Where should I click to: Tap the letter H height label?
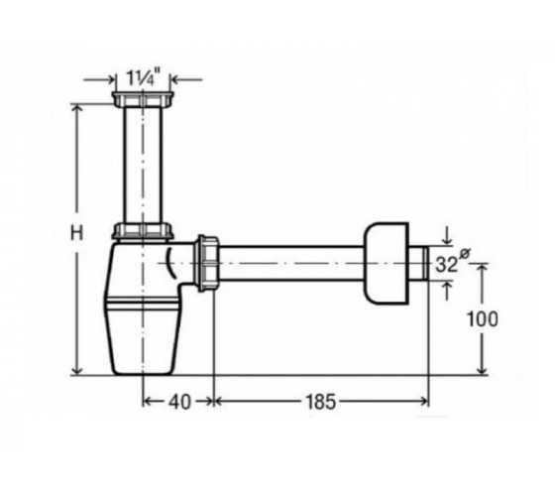click(77, 233)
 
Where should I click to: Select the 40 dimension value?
click(179, 402)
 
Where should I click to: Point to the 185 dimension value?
click(319, 402)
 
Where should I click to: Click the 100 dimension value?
click(483, 318)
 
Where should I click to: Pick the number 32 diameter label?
click(446, 264)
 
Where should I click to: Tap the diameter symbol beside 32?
click(465, 254)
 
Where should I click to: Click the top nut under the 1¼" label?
click(144, 99)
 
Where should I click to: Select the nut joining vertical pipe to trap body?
click(143, 230)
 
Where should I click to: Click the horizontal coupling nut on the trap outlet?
click(208, 263)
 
